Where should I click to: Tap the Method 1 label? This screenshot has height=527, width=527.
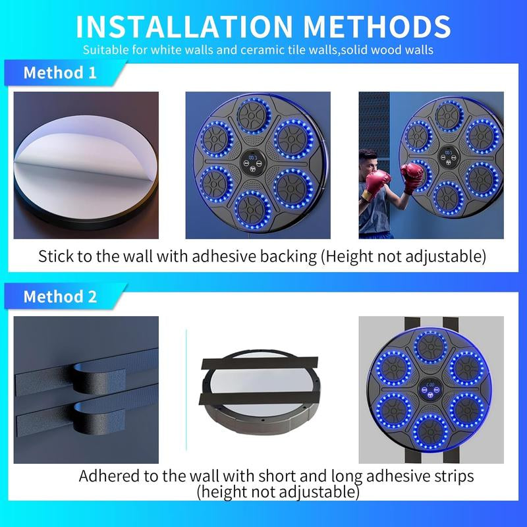pyautogui.click(x=60, y=72)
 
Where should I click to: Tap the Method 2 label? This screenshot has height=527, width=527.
pyautogui.click(x=60, y=296)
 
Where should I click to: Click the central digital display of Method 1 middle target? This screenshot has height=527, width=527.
pyautogui.click(x=251, y=160)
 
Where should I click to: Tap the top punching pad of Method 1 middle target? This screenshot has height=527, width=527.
pyautogui.click(x=251, y=115)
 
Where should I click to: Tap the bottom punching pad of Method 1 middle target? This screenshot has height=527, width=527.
pyautogui.click(x=251, y=208)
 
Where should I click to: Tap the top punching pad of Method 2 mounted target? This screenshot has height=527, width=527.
pyautogui.click(x=431, y=344)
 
